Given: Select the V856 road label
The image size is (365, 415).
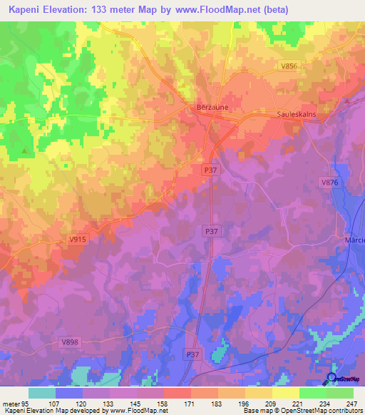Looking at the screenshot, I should (x=289, y=66).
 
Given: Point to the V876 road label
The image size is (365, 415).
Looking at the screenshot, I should (x=329, y=183).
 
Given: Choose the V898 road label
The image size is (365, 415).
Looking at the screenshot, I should (x=68, y=342).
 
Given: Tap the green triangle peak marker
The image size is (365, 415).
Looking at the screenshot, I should (x=26, y=150).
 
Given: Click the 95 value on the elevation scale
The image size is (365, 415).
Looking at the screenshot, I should (x=26, y=403).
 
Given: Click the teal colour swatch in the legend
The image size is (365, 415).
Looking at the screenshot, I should (x=42, y=393).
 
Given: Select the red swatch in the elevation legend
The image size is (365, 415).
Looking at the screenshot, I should (x=178, y=393).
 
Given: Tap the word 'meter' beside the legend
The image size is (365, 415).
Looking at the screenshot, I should (x=11, y=403).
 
